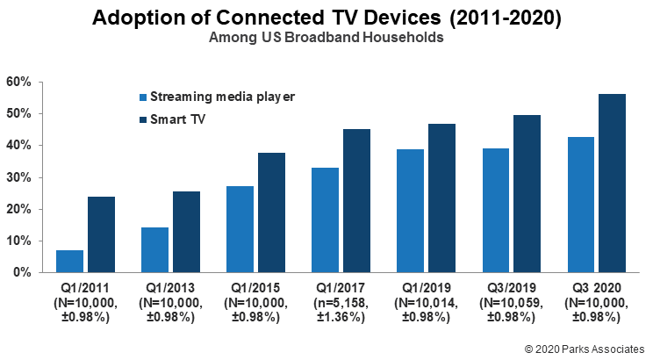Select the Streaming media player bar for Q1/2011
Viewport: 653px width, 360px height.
[70, 261]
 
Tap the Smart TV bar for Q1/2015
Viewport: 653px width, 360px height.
[271, 212]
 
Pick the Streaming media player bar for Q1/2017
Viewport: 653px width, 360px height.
[325, 220]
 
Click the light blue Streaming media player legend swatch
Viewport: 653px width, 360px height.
[143, 97]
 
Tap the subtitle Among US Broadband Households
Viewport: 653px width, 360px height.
[326, 38]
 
